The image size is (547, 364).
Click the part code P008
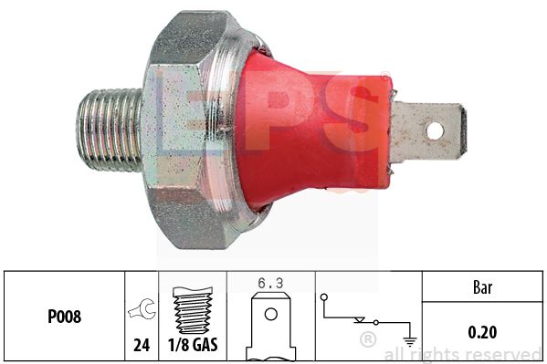(65, 317)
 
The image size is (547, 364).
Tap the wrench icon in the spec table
(142, 309)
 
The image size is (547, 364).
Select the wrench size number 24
(142, 345)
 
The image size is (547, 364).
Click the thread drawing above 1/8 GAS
(193, 310)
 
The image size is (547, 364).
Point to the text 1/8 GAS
(193, 345)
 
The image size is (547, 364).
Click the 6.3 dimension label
(270, 283)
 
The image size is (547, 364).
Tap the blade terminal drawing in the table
(270, 327)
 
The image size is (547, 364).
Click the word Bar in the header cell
(483, 287)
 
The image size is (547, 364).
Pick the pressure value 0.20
(482, 332)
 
